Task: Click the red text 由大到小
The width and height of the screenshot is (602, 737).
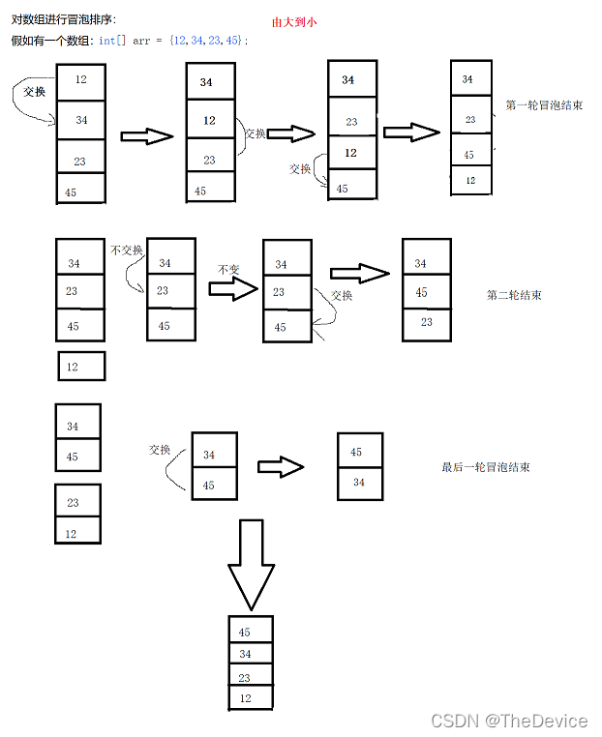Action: pos(294,20)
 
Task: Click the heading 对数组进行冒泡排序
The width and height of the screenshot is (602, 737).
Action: pos(64,19)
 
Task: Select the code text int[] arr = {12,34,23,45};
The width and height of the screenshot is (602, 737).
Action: pos(173,41)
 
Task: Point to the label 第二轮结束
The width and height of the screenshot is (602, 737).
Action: pos(514,295)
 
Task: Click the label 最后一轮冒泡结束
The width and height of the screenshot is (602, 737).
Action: pos(485,467)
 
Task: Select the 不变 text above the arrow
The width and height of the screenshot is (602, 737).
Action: pos(228,270)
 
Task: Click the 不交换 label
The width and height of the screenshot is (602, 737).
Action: pos(127,250)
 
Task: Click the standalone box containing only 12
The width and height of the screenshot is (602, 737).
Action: pos(80,367)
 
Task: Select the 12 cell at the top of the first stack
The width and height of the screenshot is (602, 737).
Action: pos(80,79)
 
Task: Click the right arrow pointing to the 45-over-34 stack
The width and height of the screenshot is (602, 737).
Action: pos(281,467)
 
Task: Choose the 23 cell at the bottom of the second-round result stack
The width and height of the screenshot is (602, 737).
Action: pos(427,323)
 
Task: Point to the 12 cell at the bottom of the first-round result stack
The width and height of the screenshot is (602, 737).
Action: pos(471,180)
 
